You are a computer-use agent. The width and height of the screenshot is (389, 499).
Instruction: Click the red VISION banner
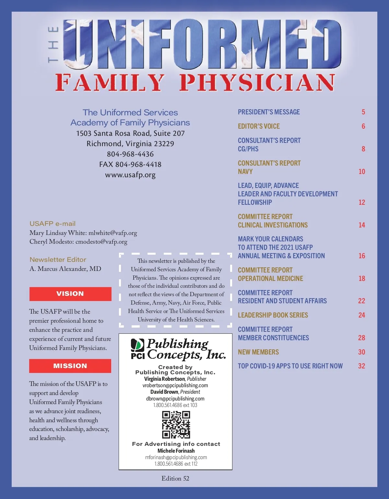click(x=70, y=294)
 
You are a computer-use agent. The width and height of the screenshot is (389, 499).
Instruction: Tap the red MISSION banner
click(x=70, y=366)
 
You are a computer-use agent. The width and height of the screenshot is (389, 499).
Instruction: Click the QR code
click(x=176, y=424)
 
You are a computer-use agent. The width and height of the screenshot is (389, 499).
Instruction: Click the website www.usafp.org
click(x=130, y=175)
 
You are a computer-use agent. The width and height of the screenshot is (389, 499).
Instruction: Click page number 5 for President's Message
click(x=363, y=112)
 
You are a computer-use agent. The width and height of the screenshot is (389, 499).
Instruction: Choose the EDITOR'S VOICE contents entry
click(x=259, y=126)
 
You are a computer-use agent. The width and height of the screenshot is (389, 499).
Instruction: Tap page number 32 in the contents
click(x=361, y=366)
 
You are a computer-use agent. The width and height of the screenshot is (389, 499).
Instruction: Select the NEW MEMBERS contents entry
click(x=258, y=352)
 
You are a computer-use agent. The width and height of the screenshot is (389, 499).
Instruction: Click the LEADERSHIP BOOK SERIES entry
click(x=273, y=315)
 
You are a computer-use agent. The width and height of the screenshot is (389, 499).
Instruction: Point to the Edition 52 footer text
click(x=175, y=478)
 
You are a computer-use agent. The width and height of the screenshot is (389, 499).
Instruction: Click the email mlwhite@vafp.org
click(x=113, y=233)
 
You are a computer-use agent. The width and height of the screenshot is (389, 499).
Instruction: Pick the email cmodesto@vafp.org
click(x=101, y=242)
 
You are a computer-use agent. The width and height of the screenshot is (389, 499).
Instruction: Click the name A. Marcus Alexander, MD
click(x=65, y=269)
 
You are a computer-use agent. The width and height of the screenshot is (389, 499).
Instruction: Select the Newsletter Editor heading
click(x=58, y=260)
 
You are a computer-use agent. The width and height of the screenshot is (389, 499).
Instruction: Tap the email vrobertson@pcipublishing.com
click(x=175, y=386)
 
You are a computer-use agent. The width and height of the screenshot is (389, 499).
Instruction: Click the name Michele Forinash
click(x=176, y=451)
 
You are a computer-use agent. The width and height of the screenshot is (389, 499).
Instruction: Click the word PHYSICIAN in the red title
click(x=257, y=83)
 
